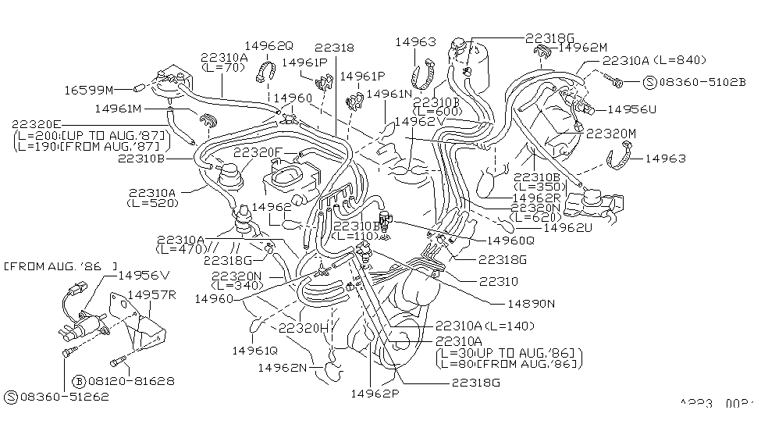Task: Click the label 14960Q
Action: click(512, 241)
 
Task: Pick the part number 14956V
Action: click(142, 275)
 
